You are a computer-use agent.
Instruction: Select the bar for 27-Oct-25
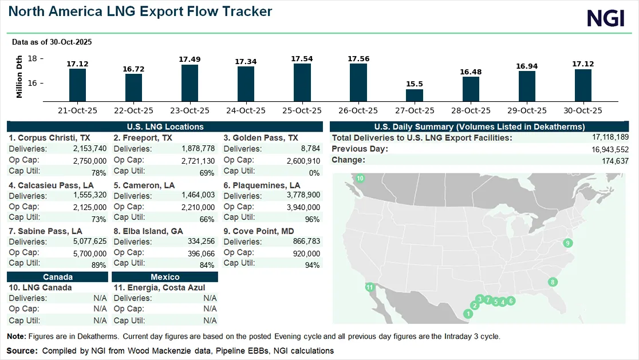415,96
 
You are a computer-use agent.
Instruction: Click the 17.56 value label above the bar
358,58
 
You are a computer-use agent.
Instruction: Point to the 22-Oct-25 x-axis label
133,110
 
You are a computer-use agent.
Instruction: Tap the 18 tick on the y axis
32,58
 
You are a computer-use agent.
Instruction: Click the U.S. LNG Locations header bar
165,126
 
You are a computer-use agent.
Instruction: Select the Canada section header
57,277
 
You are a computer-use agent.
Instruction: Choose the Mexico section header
165,277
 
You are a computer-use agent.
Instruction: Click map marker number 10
360,179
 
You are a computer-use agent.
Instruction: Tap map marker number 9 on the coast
568,243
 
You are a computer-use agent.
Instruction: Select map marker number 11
370,287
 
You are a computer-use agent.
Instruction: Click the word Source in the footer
21,350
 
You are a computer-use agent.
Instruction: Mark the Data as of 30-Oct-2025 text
52,42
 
